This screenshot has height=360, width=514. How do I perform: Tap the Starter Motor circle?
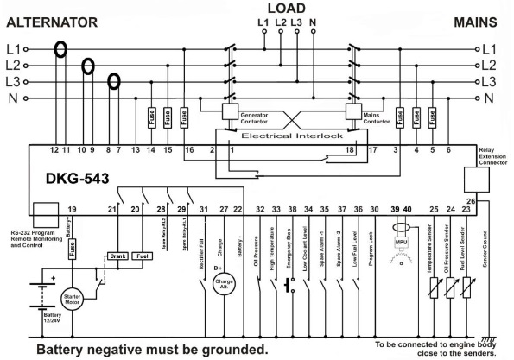click(x=72, y=300)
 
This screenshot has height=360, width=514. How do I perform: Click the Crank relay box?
click(x=118, y=256)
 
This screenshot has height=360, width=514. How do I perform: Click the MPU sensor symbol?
click(x=400, y=233)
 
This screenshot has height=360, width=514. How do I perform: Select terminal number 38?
click(x=293, y=210)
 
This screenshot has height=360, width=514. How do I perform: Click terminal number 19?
click(x=72, y=210)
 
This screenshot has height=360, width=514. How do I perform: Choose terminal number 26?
click(x=483, y=202)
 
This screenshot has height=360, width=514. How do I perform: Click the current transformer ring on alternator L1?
click(x=60, y=49)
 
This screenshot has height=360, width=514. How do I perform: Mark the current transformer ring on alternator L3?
click(x=112, y=82)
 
